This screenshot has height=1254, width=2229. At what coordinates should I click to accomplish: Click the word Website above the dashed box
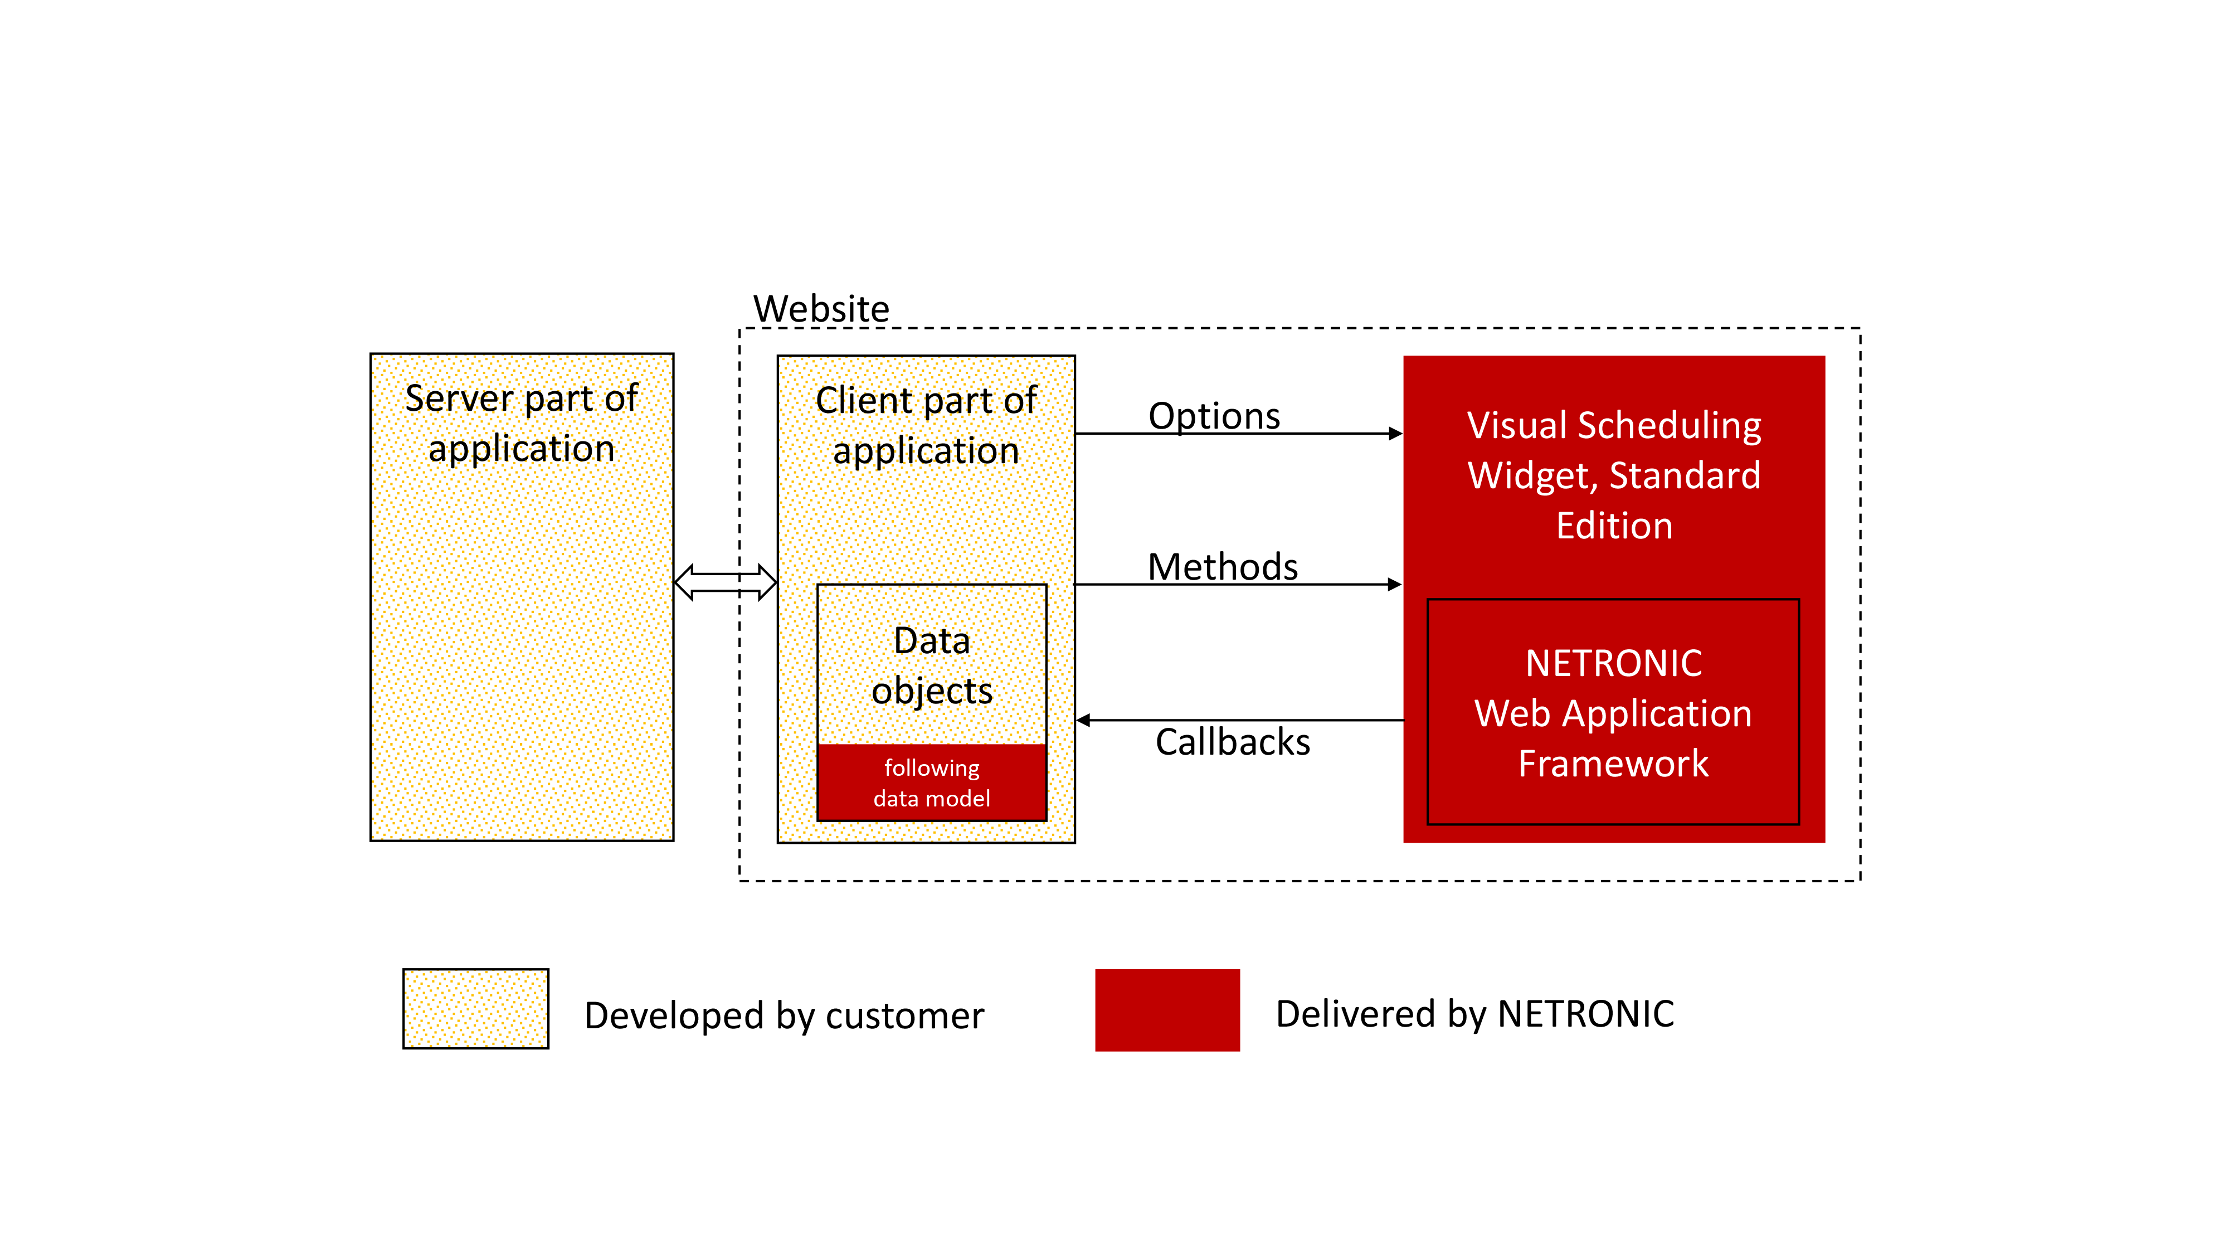(820, 309)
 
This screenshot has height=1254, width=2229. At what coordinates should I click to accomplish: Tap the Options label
(1213, 416)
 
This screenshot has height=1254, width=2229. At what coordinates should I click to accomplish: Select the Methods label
(1222, 568)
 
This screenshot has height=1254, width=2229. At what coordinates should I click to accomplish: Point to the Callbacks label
(1232, 742)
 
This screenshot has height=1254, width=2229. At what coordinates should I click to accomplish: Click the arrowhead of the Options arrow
(1395, 434)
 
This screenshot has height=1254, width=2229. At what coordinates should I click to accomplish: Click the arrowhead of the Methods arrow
(1394, 585)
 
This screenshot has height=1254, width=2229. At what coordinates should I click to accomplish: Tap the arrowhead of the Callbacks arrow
(1083, 720)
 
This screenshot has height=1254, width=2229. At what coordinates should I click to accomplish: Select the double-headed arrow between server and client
(725, 582)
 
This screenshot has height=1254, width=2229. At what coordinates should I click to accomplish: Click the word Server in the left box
(460, 399)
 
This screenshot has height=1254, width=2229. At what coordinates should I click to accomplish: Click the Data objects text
(932, 665)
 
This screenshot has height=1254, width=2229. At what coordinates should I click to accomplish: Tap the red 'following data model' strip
(932, 783)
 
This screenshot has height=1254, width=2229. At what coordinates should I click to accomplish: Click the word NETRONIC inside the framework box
(1613, 664)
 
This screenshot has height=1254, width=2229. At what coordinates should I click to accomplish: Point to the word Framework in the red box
(1613, 764)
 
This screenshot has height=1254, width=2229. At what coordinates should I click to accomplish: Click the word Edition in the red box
(1614, 526)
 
